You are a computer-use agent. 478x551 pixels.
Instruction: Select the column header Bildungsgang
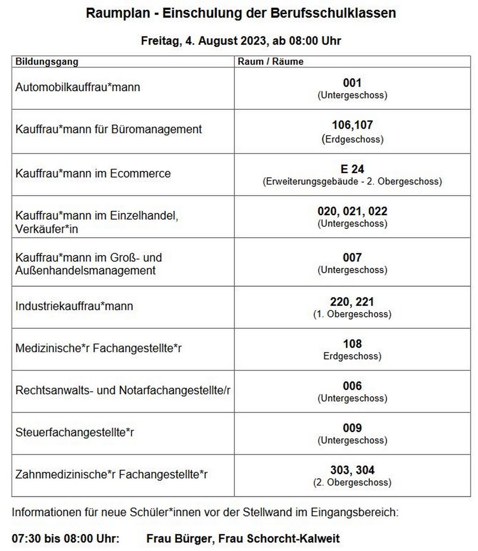[47, 62]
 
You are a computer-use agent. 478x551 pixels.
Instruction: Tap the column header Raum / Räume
[270, 62]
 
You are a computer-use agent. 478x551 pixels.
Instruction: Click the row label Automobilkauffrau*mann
[78, 87]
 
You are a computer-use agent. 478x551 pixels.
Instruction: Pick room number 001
[352, 83]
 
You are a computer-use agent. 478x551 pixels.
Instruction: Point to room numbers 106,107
[352, 125]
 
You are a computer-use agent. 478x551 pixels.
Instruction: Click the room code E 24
[352, 169]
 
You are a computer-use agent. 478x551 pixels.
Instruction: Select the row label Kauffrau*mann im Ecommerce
[93, 174]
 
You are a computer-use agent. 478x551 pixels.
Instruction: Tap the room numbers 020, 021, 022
[352, 211]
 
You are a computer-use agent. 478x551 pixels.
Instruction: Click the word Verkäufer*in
[47, 229]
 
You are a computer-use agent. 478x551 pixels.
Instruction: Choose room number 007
[352, 258]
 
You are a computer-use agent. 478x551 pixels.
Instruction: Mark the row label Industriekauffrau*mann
[74, 306]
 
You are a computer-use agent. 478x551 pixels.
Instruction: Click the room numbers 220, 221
[352, 302]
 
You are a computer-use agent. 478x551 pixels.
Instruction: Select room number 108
[352, 344]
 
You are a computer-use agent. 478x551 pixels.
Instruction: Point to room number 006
[352, 386]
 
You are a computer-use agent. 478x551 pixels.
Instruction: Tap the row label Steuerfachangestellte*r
[74, 432]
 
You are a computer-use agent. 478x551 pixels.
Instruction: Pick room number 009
[352, 428]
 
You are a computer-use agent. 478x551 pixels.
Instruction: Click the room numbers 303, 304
[352, 470]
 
